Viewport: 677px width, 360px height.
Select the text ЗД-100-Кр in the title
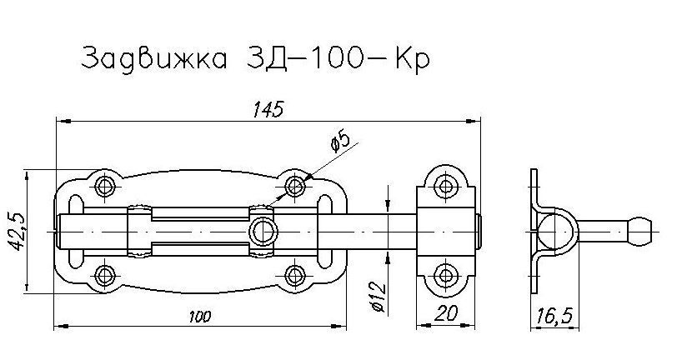[338, 61]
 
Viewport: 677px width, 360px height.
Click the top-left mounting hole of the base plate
[105, 185]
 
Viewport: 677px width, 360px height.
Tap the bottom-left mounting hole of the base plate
[105, 274]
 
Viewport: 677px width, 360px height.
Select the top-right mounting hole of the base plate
[293, 185]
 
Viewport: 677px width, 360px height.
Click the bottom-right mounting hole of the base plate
[293, 274]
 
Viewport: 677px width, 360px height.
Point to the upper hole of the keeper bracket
[447, 184]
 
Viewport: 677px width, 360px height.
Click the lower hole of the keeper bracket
[447, 274]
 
